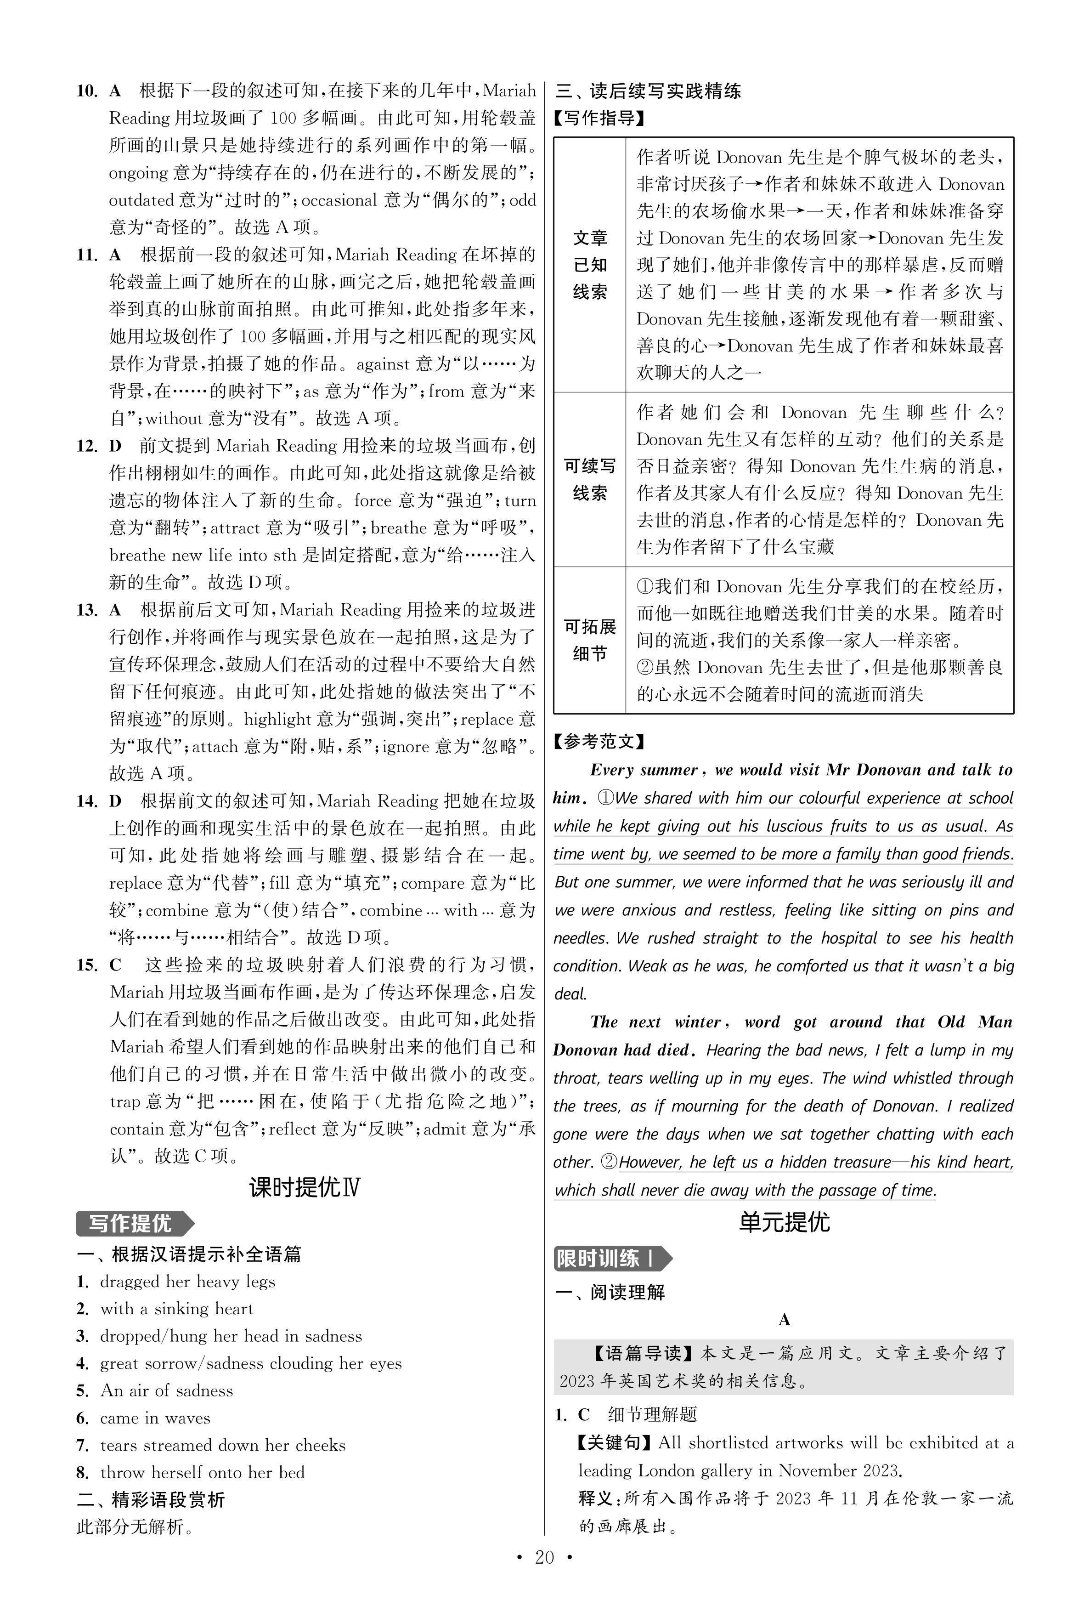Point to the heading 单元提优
784,1222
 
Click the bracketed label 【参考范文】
599,741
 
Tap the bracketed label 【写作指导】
599,118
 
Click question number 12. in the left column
87,446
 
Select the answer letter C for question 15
115,965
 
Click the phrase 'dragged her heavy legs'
188,1281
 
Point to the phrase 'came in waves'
155,1418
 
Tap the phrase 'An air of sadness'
167,1390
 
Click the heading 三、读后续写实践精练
648,91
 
